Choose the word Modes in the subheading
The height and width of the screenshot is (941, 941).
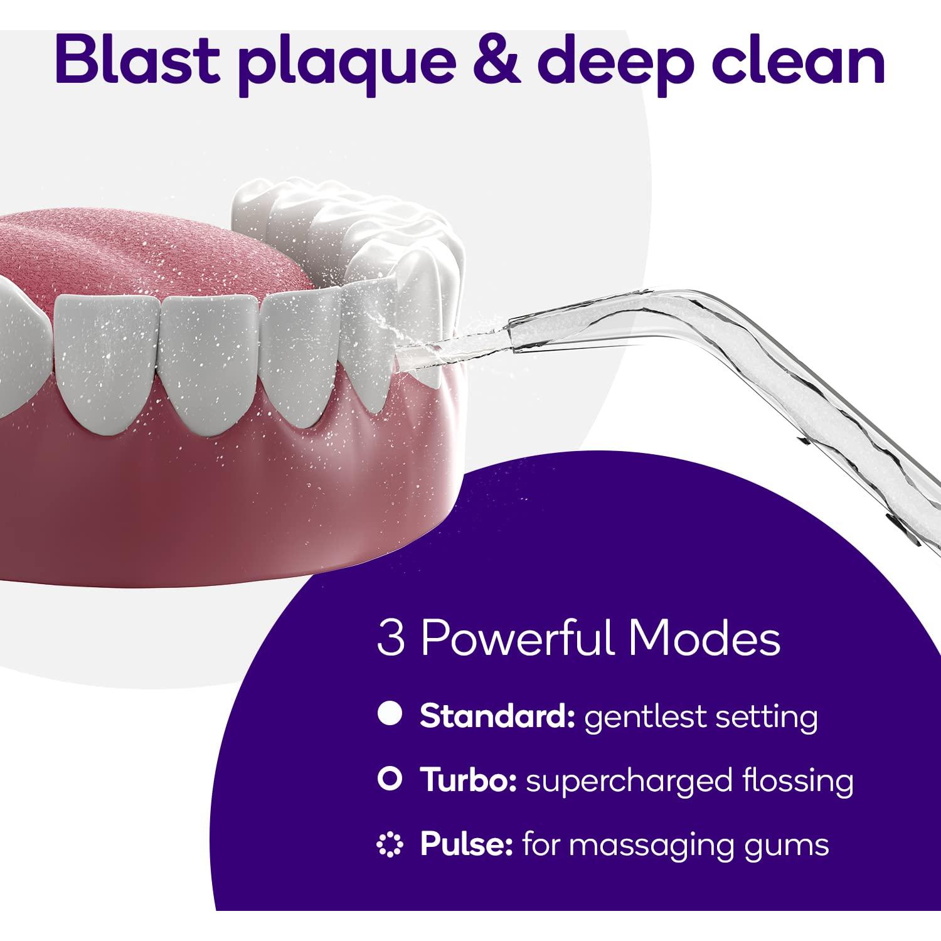705,639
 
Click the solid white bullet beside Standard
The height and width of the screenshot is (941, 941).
390,715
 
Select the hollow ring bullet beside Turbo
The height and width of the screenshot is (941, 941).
390,780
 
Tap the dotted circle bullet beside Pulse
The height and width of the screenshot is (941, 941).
390,844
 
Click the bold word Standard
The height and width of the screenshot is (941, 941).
497,715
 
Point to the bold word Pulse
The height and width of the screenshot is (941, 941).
464,844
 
